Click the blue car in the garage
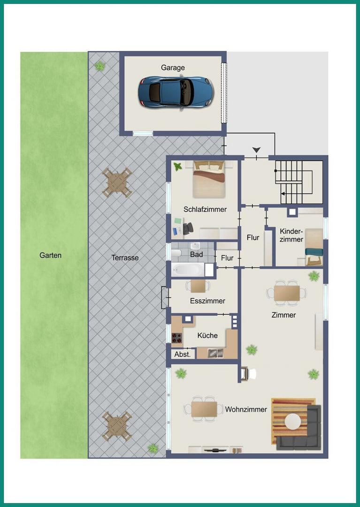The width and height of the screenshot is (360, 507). click(x=176, y=92)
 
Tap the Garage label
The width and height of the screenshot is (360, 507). click(x=173, y=68)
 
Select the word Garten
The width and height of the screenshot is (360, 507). click(x=50, y=255)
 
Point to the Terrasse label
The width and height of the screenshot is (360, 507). click(x=125, y=258)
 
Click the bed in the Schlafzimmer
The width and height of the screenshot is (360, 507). click(x=209, y=179)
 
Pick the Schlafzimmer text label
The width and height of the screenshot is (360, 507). click(x=205, y=209)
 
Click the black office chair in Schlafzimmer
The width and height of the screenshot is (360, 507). click(x=188, y=229)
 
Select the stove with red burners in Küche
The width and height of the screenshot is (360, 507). click(x=177, y=338)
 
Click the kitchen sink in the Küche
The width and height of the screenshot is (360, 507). click(x=215, y=353)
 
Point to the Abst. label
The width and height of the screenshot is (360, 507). click(x=183, y=354)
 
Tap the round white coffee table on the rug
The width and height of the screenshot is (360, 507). click(x=293, y=422)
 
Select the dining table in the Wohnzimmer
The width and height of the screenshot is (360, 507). click(x=204, y=409)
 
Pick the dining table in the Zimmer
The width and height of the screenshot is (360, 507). click(x=287, y=293)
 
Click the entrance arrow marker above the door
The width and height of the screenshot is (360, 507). click(x=257, y=150)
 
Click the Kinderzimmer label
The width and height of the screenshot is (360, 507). click(x=291, y=235)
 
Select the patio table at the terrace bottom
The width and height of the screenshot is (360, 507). click(x=117, y=426)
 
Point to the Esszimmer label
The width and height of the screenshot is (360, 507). click(x=207, y=301)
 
